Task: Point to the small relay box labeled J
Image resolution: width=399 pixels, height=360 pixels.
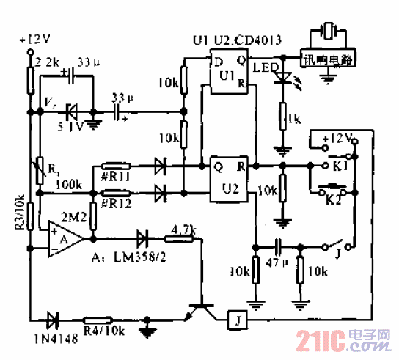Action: [x=237, y=319]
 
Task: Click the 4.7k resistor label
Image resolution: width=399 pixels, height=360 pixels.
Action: [x=183, y=229]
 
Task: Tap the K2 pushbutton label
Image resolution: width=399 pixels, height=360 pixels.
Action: [x=334, y=199]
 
